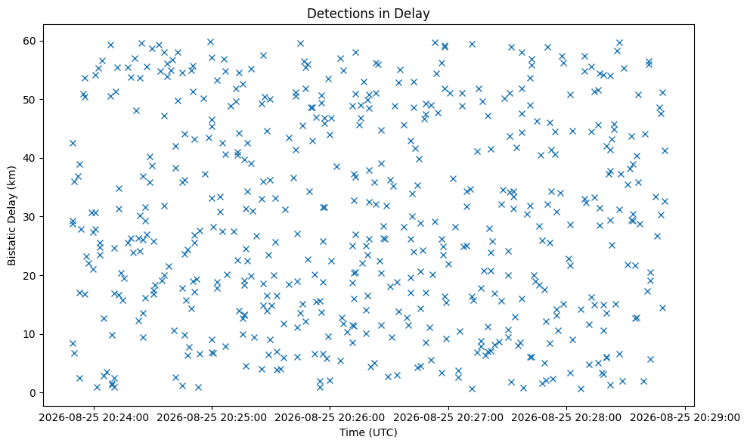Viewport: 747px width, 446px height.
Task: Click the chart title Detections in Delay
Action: pos(368,14)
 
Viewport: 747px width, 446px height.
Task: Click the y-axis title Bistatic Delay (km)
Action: pos(11,216)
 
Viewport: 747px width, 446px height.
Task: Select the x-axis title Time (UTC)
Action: pos(368,432)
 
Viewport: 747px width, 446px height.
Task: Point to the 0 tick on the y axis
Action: pos(33,393)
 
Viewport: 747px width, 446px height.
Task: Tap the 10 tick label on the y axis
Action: pos(30,334)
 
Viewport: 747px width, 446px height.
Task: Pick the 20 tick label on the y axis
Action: pos(30,276)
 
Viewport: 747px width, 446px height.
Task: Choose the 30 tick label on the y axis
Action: pos(30,217)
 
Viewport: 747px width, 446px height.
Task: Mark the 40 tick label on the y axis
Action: pos(30,158)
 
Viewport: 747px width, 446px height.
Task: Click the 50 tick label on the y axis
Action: pos(30,100)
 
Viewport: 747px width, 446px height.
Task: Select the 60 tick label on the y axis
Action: pos(30,41)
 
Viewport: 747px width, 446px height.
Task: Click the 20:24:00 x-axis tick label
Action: pos(94,418)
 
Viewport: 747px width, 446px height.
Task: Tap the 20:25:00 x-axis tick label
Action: pos(212,418)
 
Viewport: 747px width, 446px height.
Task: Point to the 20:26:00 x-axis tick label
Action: pos(330,418)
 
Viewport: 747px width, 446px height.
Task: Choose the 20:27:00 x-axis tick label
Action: pos(448,418)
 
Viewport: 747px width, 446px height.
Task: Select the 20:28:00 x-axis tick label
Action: pos(567,418)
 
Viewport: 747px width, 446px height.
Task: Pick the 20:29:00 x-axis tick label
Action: pos(685,418)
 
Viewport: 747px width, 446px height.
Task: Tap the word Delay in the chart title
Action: pos(414,14)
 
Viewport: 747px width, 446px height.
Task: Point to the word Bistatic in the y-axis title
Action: pos(11,246)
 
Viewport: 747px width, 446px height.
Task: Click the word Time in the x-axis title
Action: pos(349,432)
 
